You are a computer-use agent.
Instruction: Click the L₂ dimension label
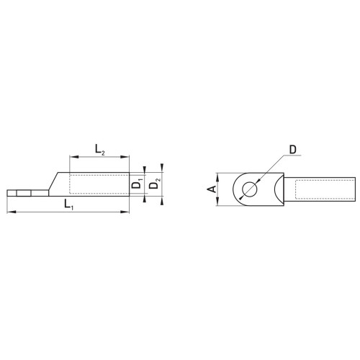[x=100, y=150]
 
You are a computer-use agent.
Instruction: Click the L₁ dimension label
[x=68, y=205]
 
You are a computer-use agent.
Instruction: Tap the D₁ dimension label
[x=138, y=184]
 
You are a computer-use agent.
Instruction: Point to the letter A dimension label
[x=212, y=189]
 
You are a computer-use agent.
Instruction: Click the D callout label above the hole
[x=293, y=150]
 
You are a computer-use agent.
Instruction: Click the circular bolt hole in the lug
[x=250, y=189]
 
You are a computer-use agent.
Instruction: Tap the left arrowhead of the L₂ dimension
[x=73, y=157]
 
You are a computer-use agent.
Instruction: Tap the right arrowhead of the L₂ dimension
[x=125, y=157]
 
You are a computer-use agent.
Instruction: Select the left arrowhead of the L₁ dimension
[x=12, y=212]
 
